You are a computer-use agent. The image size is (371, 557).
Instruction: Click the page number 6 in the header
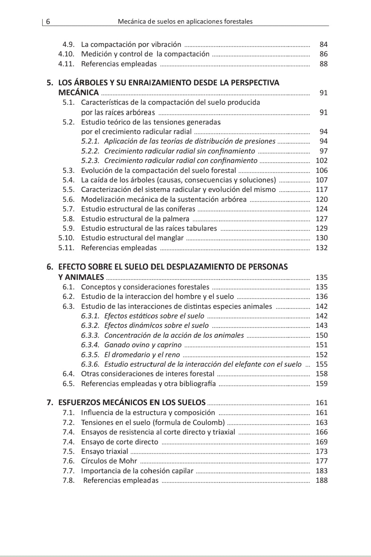tap(48, 22)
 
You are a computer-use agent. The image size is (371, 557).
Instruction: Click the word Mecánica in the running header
tap(130, 22)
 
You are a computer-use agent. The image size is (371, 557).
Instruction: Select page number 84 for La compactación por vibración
tap(323, 45)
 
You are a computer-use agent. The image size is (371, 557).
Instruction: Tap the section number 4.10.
tap(66, 54)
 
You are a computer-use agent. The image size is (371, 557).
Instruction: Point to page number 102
tap(322, 161)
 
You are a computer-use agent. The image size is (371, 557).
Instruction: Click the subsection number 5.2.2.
tap(90, 151)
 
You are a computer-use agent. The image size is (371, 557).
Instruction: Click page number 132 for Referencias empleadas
tap(322, 248)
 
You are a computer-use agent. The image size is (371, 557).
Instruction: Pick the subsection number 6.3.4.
tap(90, 345)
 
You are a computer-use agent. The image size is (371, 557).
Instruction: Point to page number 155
tap(322, 364)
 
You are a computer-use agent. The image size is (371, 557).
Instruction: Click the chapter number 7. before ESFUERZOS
tap(50, 402)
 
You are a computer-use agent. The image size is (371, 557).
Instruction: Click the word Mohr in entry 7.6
tap(128, 461)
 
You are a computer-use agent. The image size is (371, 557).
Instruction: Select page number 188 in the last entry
tap(322, 480)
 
